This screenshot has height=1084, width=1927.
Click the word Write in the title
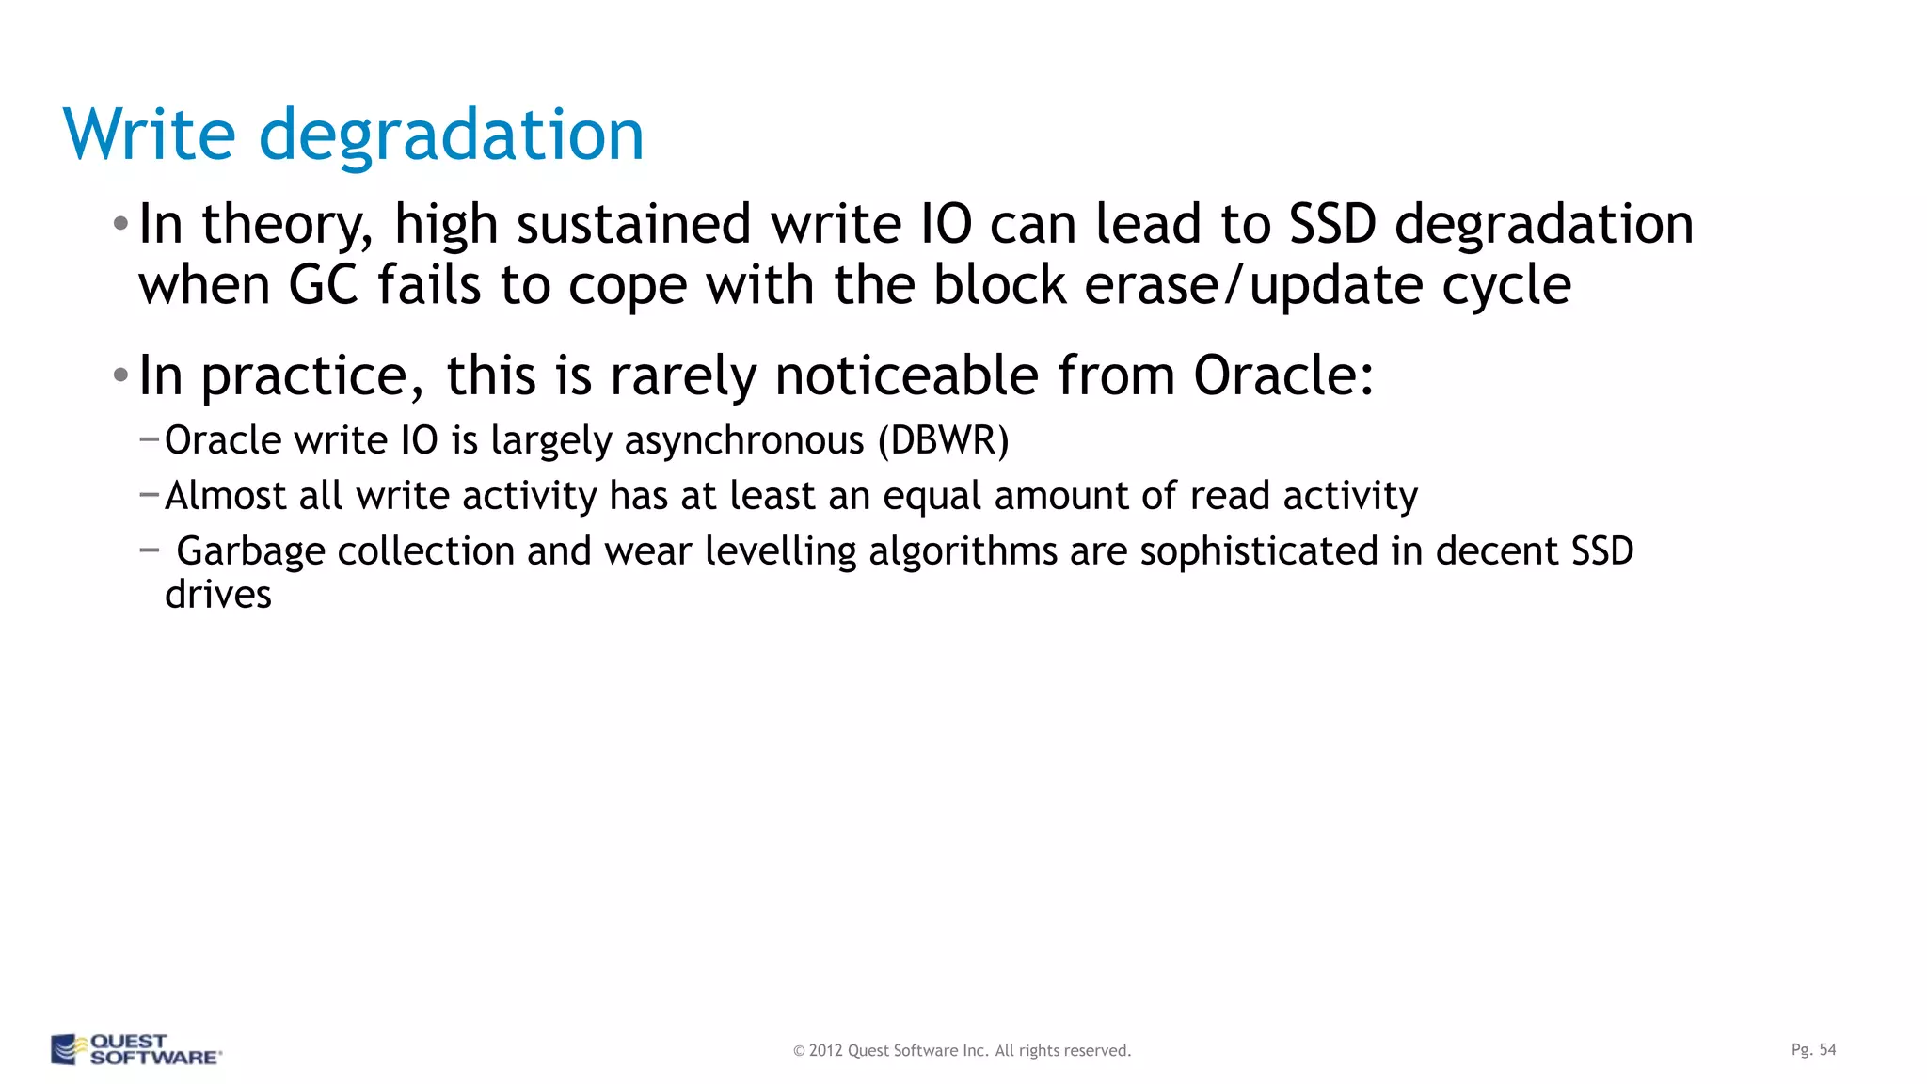click(149, 135)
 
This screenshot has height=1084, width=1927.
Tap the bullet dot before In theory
click(120, 225)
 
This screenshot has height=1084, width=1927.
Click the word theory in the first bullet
click(287, 226)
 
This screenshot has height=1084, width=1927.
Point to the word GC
click(323, 285)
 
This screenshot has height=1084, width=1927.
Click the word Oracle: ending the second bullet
click(1283, 376)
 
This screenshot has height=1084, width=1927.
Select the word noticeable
click(906, 376)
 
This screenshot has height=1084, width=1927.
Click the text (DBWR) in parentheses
click(943, 440)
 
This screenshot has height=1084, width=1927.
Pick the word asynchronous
click(743, 441)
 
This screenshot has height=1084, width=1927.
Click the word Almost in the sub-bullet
click(225, 496)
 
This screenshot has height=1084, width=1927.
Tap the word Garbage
click(250, 552)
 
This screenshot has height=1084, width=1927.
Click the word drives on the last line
click(218, 595)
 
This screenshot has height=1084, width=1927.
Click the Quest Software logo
click(135, 1049)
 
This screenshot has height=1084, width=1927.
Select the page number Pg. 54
click(1813, 1049)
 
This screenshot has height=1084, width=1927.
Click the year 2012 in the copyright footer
click(825, 1051)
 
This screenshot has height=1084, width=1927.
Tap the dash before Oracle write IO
click(149, 438)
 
